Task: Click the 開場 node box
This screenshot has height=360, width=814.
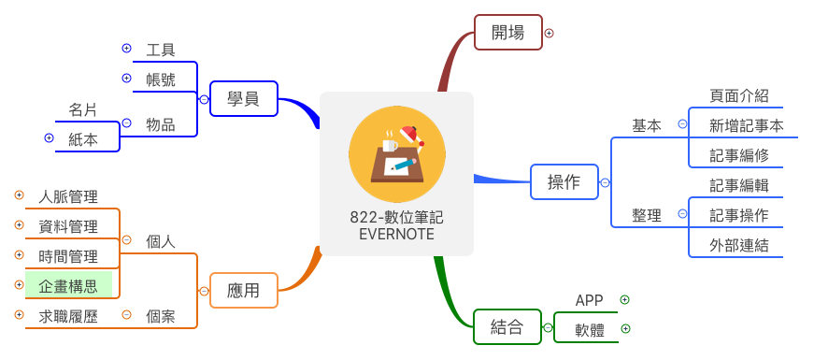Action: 507,33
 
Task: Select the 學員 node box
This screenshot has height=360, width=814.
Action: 243,98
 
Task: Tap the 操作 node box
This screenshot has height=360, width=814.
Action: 564,181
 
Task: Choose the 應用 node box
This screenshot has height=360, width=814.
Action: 243,291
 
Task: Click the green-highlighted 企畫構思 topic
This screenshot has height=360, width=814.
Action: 68,284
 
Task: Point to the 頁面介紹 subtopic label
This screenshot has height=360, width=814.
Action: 738,95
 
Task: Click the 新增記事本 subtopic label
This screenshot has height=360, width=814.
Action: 746,125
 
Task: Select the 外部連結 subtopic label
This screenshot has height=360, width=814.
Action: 738,245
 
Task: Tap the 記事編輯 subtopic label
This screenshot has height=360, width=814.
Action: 738,185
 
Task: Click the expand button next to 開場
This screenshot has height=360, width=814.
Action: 550,33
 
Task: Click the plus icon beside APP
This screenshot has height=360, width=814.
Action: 625,300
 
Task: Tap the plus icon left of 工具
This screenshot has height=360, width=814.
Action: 127,48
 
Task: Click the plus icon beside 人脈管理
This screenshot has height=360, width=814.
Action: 19,195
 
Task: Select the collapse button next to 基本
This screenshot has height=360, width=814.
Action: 682,123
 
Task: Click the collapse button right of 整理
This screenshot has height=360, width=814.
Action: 682,214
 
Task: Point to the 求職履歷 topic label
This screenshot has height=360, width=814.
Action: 68,316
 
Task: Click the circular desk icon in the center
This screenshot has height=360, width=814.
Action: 397,155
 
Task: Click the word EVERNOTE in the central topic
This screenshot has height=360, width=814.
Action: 396,234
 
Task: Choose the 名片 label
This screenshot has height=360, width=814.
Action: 82,109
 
